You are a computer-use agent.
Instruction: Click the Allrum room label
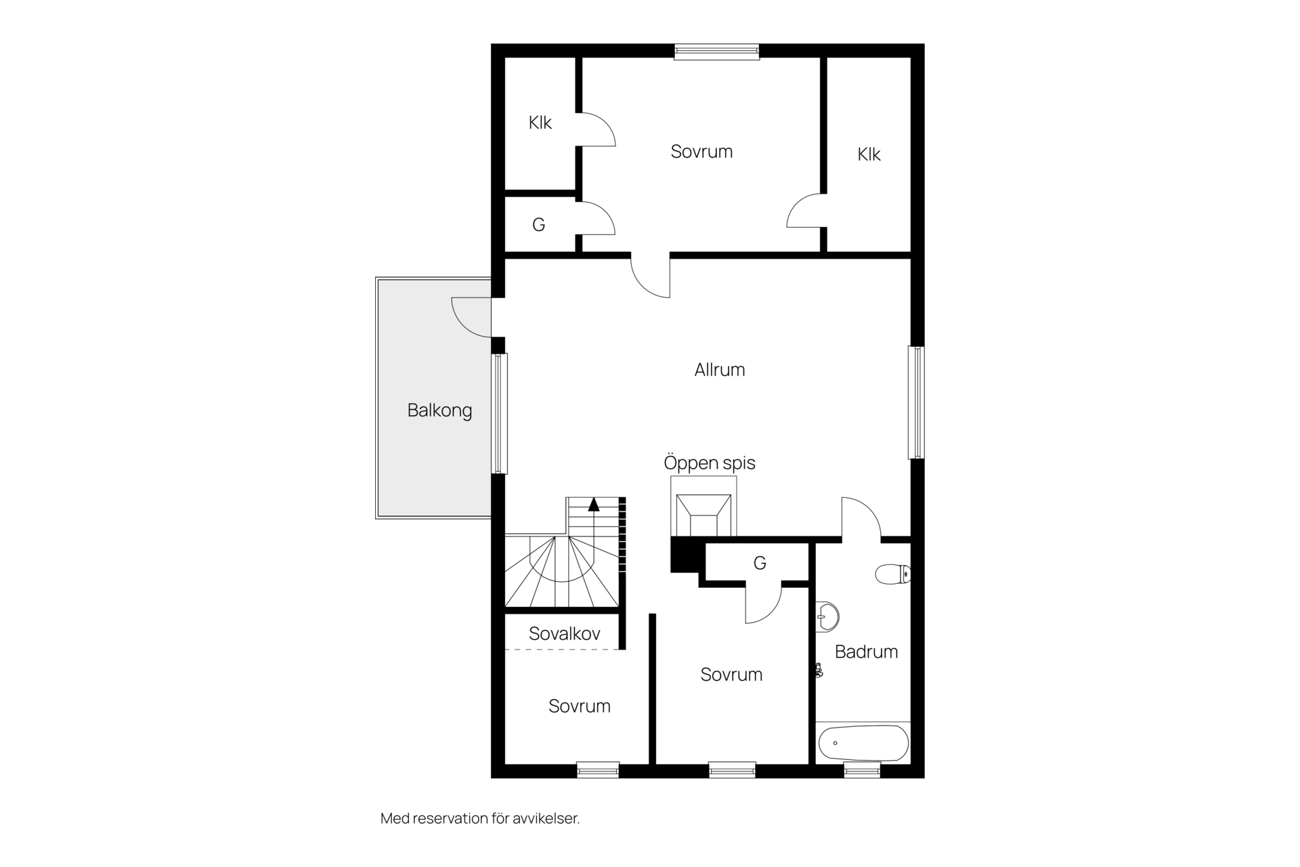tap(720, 370)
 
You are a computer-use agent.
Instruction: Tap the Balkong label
tap(439, 410)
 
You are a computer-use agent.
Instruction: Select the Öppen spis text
tap(709, 463)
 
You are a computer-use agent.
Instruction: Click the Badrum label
tap(866, 652)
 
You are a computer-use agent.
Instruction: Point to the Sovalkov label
tap(564, 634)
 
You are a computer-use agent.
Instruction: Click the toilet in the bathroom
tap(893, 574)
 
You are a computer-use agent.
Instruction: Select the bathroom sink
tap(827, 616)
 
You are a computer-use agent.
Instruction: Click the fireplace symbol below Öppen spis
tap(703, 515)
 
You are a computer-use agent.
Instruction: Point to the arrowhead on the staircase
tap(594, 504)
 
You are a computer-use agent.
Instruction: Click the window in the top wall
tap(716, 51)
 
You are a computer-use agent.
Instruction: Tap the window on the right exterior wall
tap(916, 402)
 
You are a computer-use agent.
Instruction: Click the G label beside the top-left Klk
tap(539, 225)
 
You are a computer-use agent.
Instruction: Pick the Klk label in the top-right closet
tap(869, 154)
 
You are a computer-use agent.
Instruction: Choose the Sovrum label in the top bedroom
tap(701, 152)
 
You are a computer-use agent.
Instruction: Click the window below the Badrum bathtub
tap(862, 770)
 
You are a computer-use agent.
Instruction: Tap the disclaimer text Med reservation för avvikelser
tap(480, 818)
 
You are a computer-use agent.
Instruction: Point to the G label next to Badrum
tap(760, 563)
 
